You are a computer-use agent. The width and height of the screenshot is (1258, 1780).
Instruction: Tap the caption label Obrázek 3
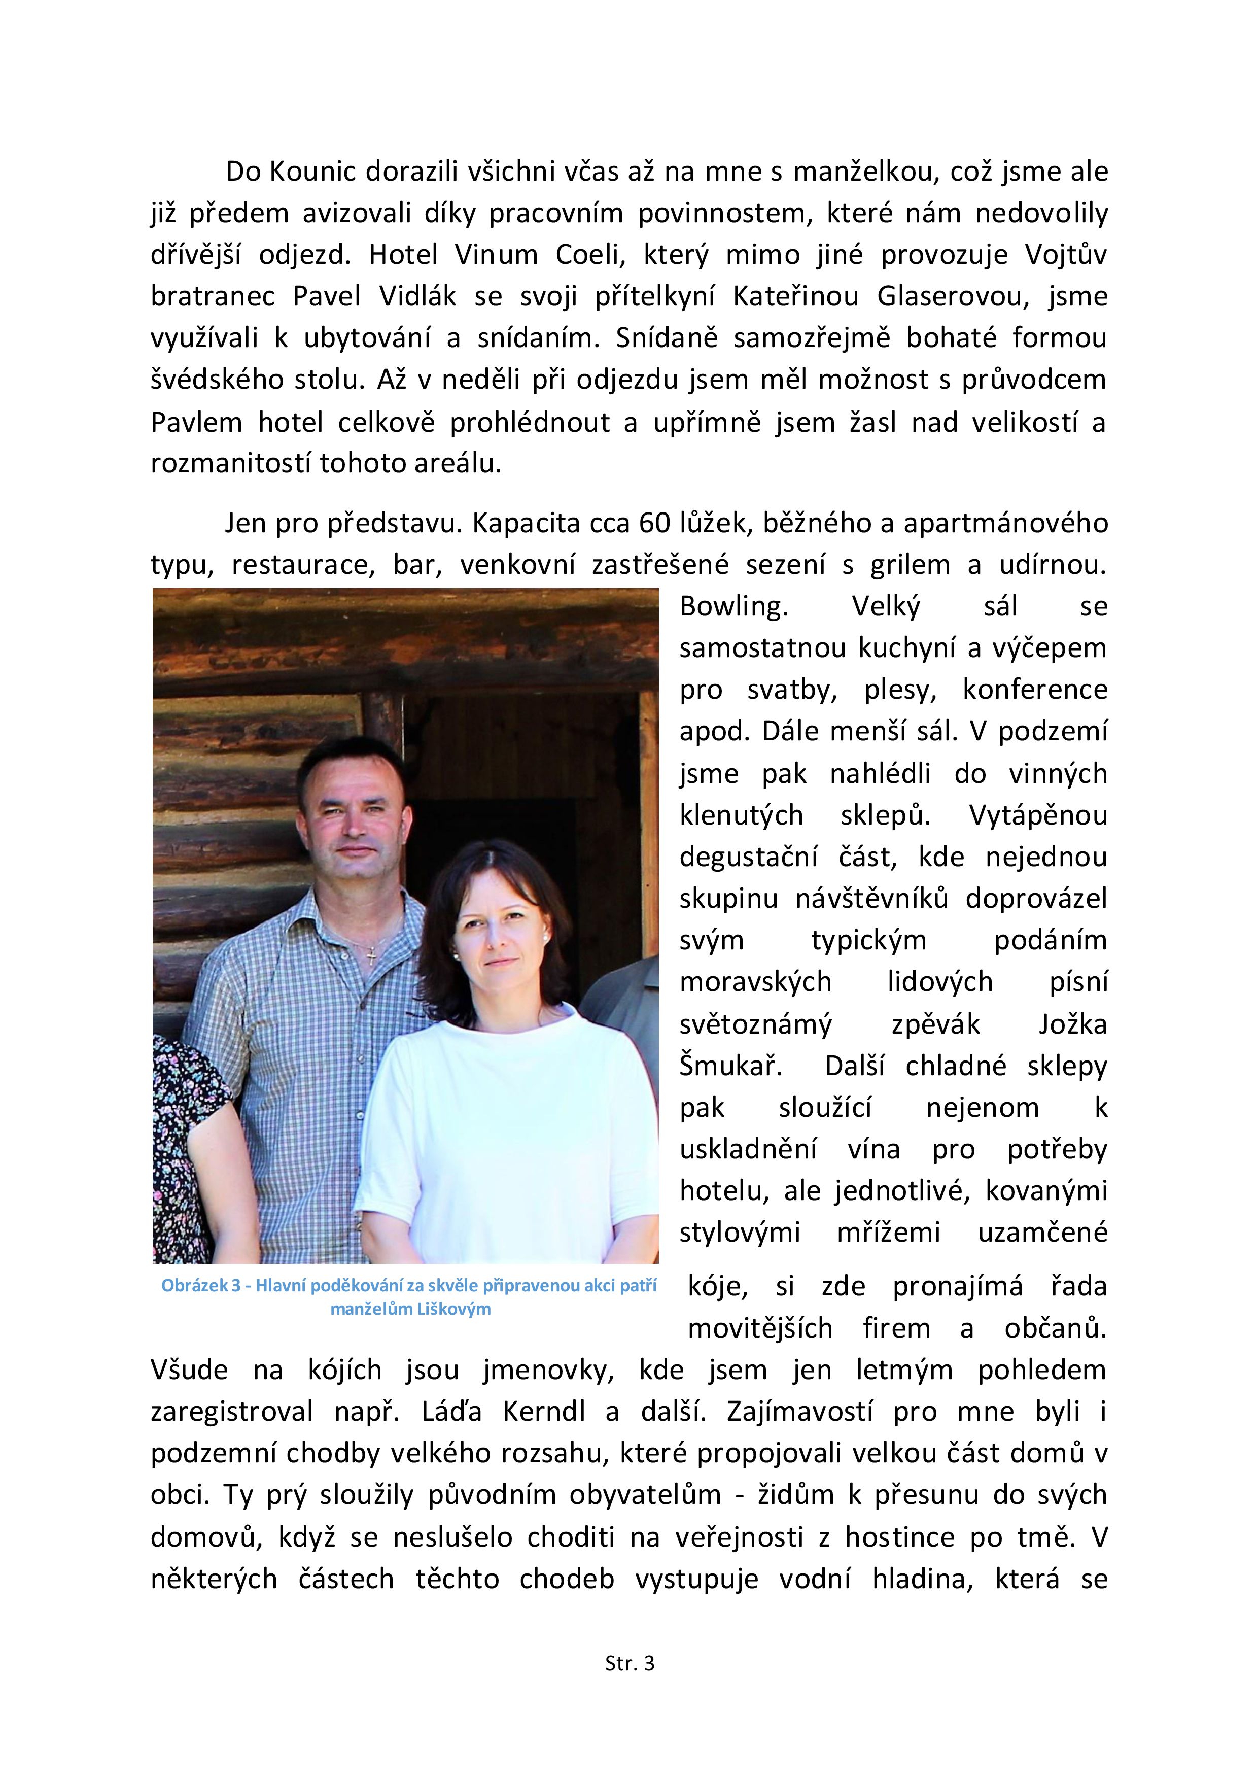coord(200,1285)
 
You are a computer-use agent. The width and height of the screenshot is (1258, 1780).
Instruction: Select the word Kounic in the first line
coord(313,172)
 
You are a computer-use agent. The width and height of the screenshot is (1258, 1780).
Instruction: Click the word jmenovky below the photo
coord(548,1370)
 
